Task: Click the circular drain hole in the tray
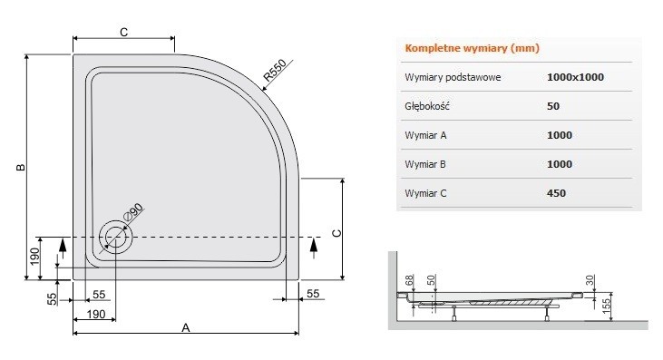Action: [x=116, y=238]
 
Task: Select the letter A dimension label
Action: [x=185, y=327]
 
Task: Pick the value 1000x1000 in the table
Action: [x=575, y=77]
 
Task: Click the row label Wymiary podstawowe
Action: [x=452, y=77]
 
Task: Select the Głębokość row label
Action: [x=427, y=106]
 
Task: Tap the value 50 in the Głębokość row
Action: [x=553, y=106]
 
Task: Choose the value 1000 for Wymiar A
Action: [x=560, y=135]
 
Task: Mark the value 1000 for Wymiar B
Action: [x=560, y=164]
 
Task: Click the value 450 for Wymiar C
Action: [x=556, y=193]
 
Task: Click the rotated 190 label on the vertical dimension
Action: [x=35, y=257]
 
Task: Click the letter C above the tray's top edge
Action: [x=122, y=33]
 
